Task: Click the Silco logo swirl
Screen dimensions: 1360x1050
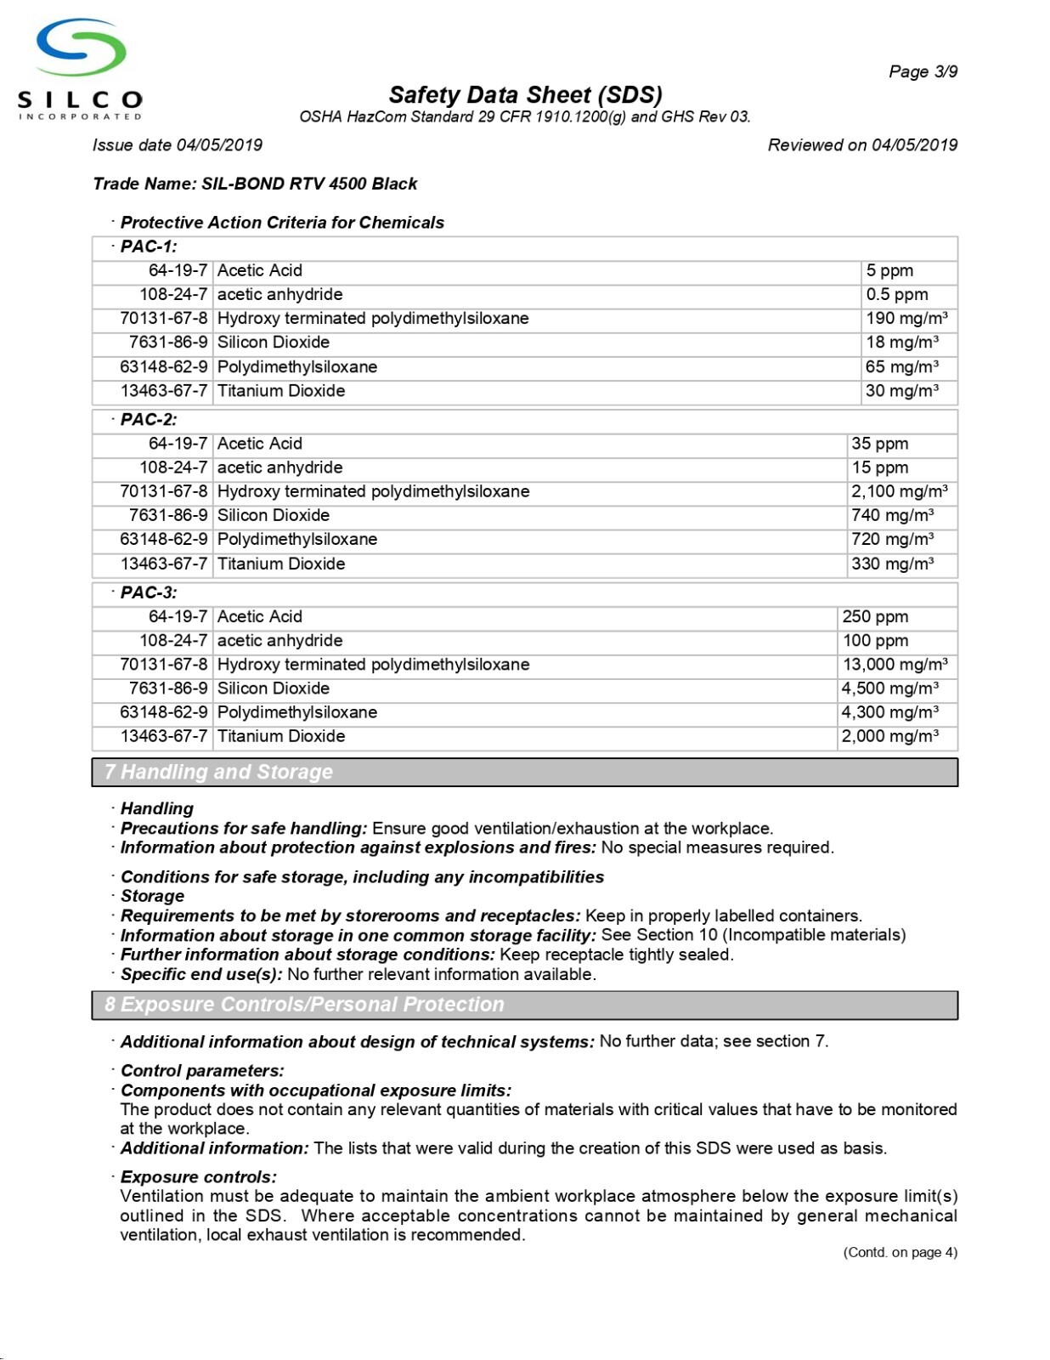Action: tap(82, 48)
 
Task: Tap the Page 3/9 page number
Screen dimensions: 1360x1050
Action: tap(923, 71)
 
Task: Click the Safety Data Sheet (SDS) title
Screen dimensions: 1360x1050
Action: tap(525, 94)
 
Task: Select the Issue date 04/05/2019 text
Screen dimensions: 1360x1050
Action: tap(178, 144)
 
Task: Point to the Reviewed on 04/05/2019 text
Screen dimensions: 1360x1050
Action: tap(862, 144)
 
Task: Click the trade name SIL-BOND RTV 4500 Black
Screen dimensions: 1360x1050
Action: tap(255, 184)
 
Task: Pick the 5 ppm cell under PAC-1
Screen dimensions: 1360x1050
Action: tap(889, 270)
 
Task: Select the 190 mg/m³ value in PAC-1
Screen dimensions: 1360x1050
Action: tap(906, 319)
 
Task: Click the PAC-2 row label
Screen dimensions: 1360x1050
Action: tap(149, 419)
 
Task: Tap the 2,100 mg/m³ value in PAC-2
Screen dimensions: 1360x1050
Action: tap(900, 491)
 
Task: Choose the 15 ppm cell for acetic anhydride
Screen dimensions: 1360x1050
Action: tap(879, 467)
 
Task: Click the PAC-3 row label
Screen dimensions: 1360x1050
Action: tap(149, 592)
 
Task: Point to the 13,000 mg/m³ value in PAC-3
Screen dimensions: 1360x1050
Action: tap(895, 665)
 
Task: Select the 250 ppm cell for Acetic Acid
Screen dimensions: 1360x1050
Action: tap(875, 616)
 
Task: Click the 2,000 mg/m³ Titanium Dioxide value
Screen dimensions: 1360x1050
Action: tap(889, 736)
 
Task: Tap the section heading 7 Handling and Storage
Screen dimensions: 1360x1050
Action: tap(218, 772)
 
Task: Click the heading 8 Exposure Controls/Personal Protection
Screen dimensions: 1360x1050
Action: tap(304, 1005)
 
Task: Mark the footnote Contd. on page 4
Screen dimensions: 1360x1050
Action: tap(900, 1252)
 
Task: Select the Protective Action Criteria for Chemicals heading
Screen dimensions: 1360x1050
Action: tap(282, 223)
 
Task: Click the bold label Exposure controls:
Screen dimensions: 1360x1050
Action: tap(198, 1176)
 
